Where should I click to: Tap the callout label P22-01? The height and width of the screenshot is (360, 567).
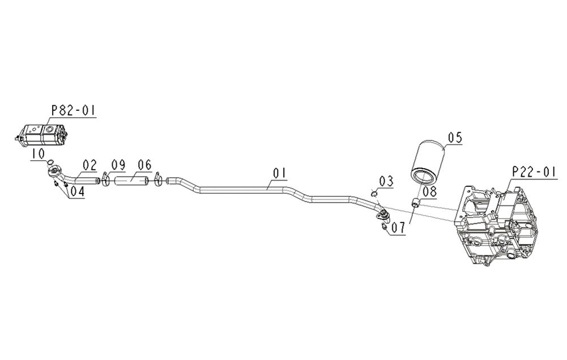point(534,172)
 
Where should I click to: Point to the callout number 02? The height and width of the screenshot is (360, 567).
point(90,165)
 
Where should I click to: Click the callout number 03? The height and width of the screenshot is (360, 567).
point(386,182)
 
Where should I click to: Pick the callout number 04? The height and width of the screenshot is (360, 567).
point(77,191)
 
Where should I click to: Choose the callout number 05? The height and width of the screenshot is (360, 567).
point(455,138)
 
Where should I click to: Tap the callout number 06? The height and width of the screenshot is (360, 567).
point(144,165)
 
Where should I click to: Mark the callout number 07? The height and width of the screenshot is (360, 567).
point(399,228)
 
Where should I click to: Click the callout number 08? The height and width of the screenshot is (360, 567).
point(429,191)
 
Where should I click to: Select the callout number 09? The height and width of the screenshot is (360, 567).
point(118,165)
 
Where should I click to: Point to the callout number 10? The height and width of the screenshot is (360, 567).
point(38,153)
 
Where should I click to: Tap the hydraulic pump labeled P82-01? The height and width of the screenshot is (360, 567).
point(41,135)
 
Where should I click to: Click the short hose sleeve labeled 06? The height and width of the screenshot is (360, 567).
point(131,179)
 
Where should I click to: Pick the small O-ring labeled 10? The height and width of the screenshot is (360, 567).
point(51,161)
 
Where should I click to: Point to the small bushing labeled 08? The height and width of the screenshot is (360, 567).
point(416,203)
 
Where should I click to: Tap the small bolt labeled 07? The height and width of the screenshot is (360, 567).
point(384,226)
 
